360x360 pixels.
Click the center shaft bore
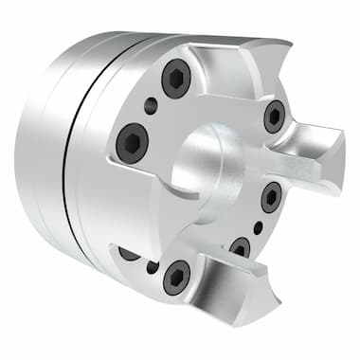tap(210, 157)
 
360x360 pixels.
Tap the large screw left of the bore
tap(132, 143)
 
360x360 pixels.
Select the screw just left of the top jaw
tap(176, 79)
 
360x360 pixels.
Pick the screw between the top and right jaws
tap(274, 116)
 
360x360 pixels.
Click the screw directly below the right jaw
tap(271, 197)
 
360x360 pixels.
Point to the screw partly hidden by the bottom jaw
tap(241, 248)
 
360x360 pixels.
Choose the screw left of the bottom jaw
tap(177, 277)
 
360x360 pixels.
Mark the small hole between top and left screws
tap(151, 106)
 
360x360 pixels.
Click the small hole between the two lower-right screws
tap(259, 227)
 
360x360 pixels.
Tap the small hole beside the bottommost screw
tap(153, 267)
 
